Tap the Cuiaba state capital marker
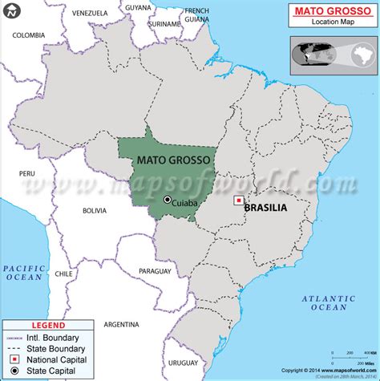168,200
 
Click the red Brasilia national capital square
237,201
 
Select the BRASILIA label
268,206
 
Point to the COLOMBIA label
29,35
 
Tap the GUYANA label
138,7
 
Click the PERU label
28,172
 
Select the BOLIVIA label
94,210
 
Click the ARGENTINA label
122,325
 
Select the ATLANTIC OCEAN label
325,302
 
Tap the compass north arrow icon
10,11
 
